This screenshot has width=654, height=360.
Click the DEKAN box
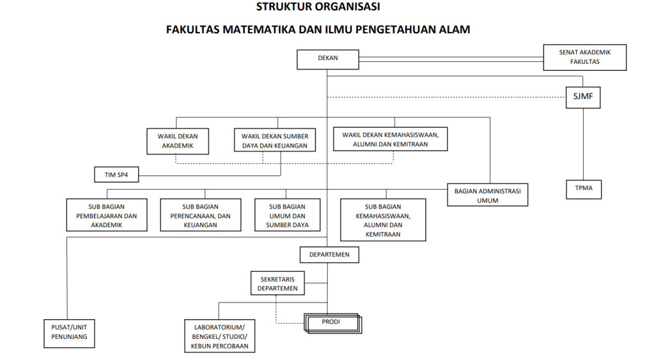click(x=328, y=59)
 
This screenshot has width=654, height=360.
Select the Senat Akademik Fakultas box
click(x=585, y=57)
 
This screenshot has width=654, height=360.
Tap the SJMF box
click(x=583, y=98)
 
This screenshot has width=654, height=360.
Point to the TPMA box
click(x=584, y=189)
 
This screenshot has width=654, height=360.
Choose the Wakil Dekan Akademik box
click(x=178, y=141)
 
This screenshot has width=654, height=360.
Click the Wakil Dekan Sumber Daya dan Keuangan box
click(x=275, y=140)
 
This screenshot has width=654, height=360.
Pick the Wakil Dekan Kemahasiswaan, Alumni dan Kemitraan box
click(x=390, y=139)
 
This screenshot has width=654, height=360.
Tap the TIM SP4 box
click(x=116, y=175)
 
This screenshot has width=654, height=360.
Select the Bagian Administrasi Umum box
click(x=487, y=195)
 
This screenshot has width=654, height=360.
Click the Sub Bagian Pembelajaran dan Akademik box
click(x=107, y=214)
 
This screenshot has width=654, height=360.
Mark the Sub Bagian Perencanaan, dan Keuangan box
click(x=201, y=214)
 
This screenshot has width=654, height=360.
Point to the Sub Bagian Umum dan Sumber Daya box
click(x=287, y=214)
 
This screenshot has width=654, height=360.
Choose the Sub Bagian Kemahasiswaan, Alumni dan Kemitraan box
click(x=383, y=220)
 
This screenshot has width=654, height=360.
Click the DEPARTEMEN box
click(x=329, y=255)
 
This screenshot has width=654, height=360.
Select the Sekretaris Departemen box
click(x=277, y=283)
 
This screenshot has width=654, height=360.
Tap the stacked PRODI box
click(x=332, y=324)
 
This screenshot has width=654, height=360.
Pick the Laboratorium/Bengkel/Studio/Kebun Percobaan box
click(x=220, y=336)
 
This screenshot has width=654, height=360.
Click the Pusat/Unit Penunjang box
click(x=69, y=333)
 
